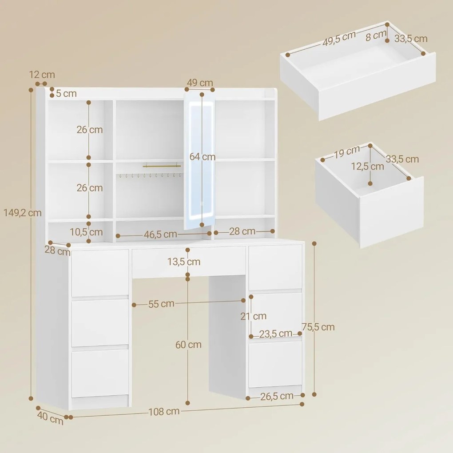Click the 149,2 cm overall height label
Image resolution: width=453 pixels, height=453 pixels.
pyautogui.click(x=22, y=213)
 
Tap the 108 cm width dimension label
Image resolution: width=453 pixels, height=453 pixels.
pyautogui.click(x=164, y=411)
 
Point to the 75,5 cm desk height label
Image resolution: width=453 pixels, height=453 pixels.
pyautogui.click(x=318, y=327)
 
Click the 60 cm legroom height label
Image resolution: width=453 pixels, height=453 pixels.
pyautogui.click(x=188, y=345)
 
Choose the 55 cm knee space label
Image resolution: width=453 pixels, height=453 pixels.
pyautogui.click(x=161, y=304)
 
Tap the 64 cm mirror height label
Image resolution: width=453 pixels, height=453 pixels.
pyautogui.click(x=203, y=157)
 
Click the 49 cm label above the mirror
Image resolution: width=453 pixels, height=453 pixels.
pyautogui.click(x=200, y=83)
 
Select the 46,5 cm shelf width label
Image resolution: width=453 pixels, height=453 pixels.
pyautogui.click(x=158, y=233)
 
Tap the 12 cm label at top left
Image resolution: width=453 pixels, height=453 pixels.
pyautogui.click(x=42, y=75)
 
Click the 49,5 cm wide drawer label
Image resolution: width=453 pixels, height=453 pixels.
pyautogui.click(x=338, y=39)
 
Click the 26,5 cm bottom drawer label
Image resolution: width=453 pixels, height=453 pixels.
pyautogui.click(x=277, y=396)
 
